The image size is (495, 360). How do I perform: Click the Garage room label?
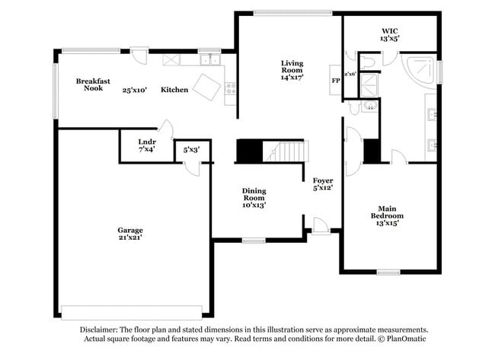[130, 230]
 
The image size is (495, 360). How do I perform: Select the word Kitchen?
[174, 90]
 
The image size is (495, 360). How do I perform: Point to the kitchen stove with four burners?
[230, 88]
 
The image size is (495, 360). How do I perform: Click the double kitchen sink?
[208, 59]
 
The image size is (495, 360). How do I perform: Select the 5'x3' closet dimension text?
[191, 150]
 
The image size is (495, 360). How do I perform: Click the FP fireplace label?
[335, 80]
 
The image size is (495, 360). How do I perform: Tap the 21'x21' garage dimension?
[130, 237]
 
